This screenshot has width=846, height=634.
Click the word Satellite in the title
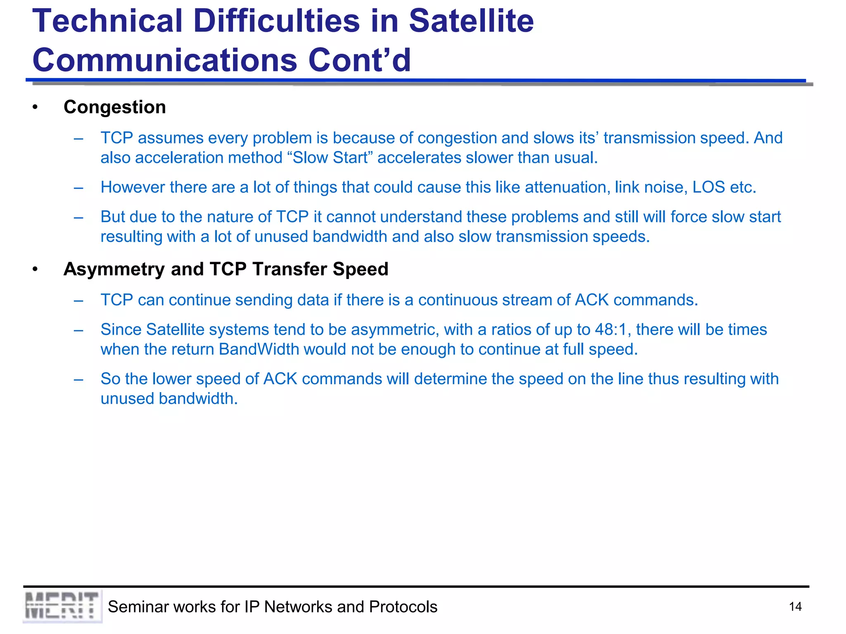coord(471,21)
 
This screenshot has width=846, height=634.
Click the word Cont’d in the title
coord(359,60)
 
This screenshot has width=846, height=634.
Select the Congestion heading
coord(114,107)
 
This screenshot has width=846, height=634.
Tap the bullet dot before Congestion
coord(35,108)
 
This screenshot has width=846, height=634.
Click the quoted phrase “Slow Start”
coord(330,158)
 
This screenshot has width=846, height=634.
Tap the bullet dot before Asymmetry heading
coord(35,270)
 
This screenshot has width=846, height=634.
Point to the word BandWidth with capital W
coord(259,350)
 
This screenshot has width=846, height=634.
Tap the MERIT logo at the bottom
coord(62,606)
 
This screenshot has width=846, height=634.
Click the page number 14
coord(795,607)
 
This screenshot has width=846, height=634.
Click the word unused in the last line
coord(127,399)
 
